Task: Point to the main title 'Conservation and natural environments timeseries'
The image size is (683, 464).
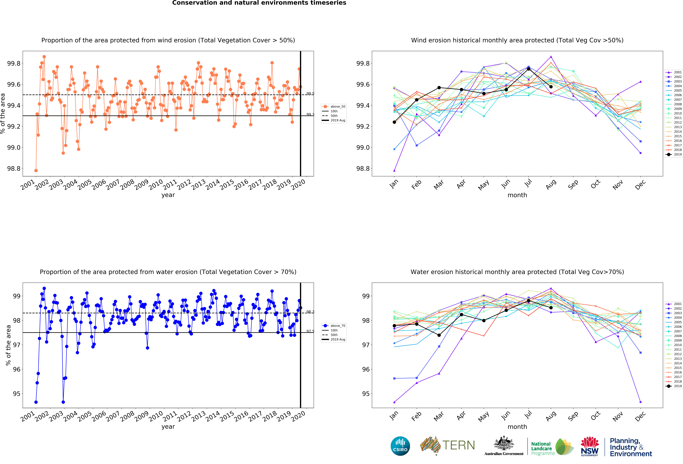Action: [x=259, y=3]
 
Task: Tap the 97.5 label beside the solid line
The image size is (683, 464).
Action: [x=310, y=331]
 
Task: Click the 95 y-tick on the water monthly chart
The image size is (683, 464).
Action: [x=366, y=394]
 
